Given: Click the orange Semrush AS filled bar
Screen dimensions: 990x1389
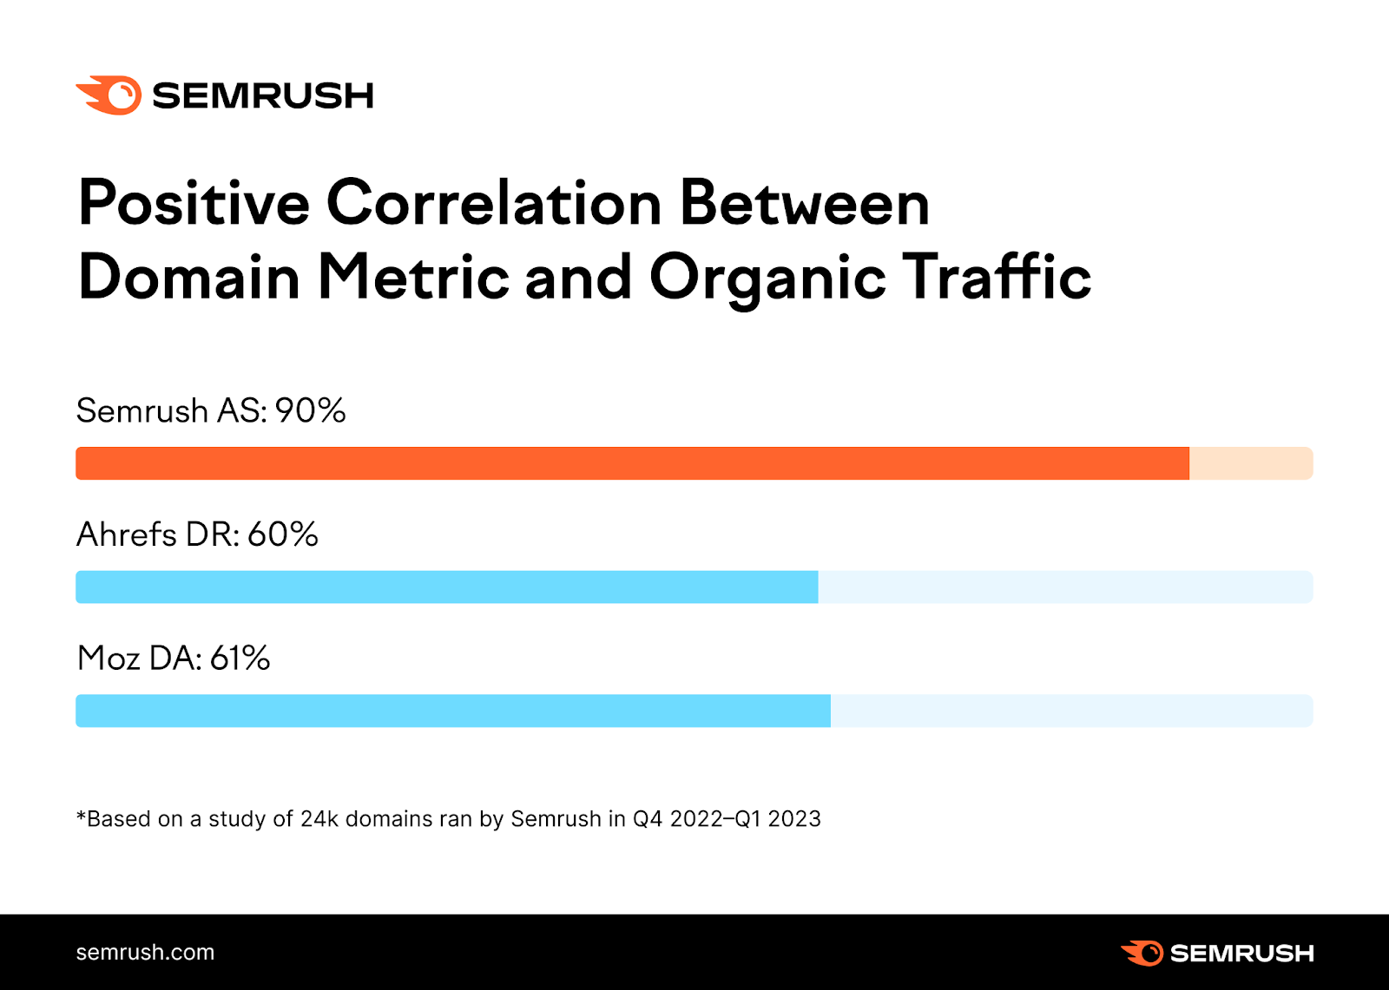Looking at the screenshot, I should pos(632,463).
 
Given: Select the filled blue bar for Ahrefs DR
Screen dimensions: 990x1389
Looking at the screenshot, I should pos(446,587).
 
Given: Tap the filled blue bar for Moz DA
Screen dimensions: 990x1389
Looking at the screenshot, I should pos(452,711).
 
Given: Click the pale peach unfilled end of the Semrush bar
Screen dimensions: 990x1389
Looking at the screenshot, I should pos(1250,463).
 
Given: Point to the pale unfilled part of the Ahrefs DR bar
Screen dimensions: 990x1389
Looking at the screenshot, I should pos(1064,587).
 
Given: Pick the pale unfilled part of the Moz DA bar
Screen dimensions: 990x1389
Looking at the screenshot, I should pos(1070,711).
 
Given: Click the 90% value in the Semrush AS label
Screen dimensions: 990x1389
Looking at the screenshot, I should pos(311,410).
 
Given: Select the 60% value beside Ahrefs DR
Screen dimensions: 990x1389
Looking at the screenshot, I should pos(283,534).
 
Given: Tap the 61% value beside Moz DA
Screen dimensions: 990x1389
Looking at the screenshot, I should pos(240,659).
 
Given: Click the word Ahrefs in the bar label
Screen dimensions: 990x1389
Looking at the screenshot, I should pos(127,534).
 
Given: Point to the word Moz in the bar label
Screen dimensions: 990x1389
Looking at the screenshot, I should pos(109,659).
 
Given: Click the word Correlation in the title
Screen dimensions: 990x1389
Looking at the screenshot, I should pos(494,203).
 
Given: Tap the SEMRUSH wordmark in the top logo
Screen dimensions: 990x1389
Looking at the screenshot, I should pos(263,95).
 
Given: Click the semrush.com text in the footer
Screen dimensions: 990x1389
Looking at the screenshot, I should pos(145,952).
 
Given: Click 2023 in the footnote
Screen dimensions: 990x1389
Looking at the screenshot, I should pos(794,819).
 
